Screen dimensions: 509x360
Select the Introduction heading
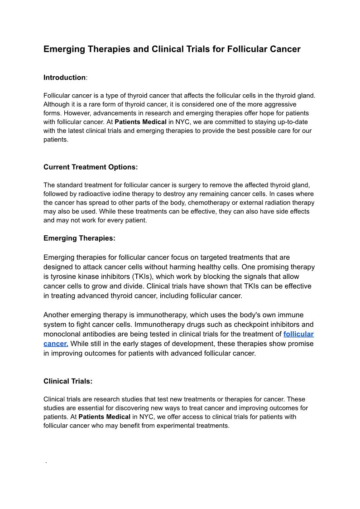(64, 78)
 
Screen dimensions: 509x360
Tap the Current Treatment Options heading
(91, 167)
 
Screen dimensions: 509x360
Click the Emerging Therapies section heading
(79, 238)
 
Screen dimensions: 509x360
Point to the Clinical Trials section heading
(68, 381)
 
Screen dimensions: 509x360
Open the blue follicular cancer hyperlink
(298, 334)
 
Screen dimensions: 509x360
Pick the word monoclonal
(62, 334)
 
